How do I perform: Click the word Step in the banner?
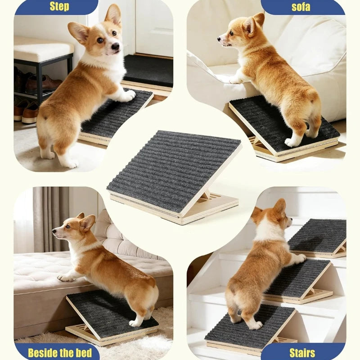[59, 6]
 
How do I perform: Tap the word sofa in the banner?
[301, 7]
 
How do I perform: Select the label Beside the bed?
[60, 353]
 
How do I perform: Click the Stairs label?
[302, 353]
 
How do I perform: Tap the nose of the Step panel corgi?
[115, 46]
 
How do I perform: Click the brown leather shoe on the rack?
[44, 83]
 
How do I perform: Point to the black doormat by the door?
[148, 70]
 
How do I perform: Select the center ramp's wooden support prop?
[206, 195]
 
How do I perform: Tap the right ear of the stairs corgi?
[280, 207]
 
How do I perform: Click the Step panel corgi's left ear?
[78, 32]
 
